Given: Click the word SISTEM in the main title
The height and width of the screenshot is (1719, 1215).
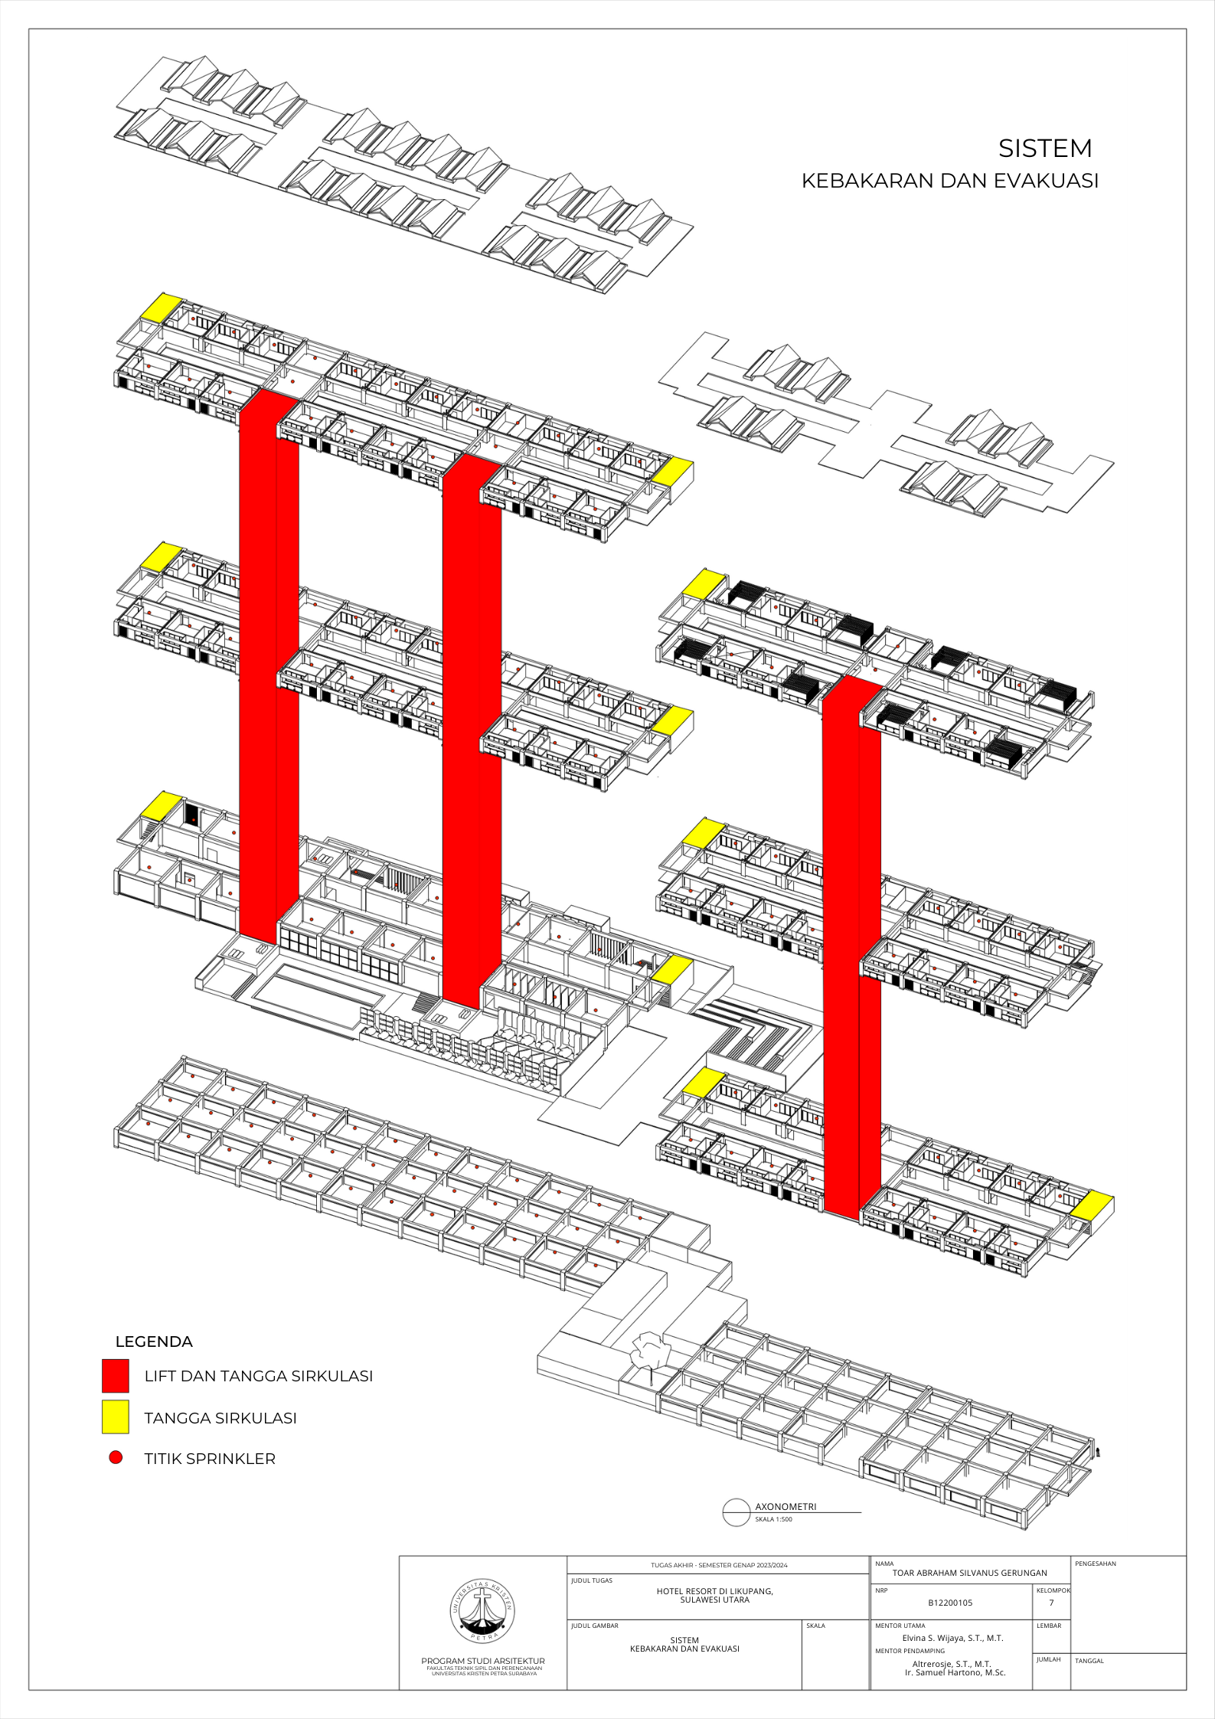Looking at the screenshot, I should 1044,149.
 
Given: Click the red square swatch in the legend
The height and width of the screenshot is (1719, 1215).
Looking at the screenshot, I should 115,1375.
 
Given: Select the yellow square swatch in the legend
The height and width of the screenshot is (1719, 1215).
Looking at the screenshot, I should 115,1417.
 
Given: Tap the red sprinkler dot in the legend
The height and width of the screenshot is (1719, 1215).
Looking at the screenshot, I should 116,1457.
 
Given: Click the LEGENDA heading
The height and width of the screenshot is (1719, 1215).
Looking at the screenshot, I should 154,1342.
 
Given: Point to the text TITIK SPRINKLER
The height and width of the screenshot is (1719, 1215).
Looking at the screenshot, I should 210,1459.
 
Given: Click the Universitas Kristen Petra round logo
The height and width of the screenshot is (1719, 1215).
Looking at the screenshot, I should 482,1610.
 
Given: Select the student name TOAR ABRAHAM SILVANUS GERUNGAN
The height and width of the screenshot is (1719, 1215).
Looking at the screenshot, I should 969,1573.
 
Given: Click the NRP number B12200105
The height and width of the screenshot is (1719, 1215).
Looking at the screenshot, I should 950,1603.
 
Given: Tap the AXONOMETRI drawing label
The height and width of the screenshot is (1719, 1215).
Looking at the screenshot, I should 786,1507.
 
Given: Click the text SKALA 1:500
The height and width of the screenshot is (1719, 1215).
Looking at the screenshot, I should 773,1519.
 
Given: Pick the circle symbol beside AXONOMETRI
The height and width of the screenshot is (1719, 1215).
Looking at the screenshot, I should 736,1512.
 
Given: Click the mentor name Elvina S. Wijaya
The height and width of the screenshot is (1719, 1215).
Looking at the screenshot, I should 952,1638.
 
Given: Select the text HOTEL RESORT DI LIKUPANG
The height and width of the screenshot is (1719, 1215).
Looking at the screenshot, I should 714,1591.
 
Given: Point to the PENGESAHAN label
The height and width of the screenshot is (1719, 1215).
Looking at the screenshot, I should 1095,1564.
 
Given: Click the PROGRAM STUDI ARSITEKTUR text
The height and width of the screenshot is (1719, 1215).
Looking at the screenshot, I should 482,1661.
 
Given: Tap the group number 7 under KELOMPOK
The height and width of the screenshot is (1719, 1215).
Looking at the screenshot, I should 1051,1603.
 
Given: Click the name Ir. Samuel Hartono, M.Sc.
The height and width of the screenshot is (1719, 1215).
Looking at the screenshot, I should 955,1672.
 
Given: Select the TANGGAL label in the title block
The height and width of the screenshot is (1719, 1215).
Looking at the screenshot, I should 1089,1661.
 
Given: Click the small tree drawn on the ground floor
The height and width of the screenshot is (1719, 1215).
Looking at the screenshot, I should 650,1351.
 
